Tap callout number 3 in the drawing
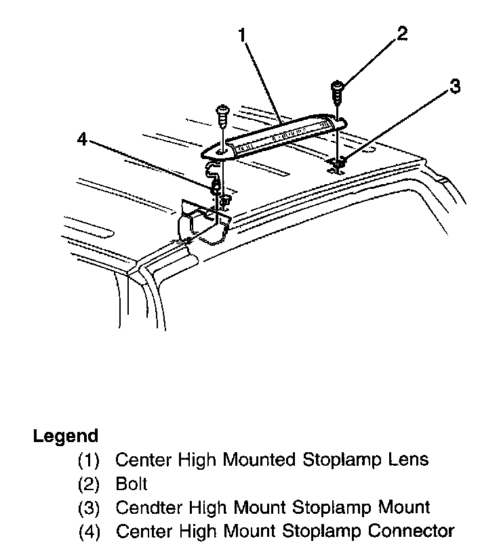[454, 87]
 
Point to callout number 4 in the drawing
[82, 139]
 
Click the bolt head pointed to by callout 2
[338, 86]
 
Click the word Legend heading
[65, 437]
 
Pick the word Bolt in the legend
[132, 484]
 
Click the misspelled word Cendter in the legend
[146, 507]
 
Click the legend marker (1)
[89, 461]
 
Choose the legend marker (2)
[89, 485]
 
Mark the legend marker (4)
[89, 531]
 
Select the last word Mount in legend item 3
[400, 507]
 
